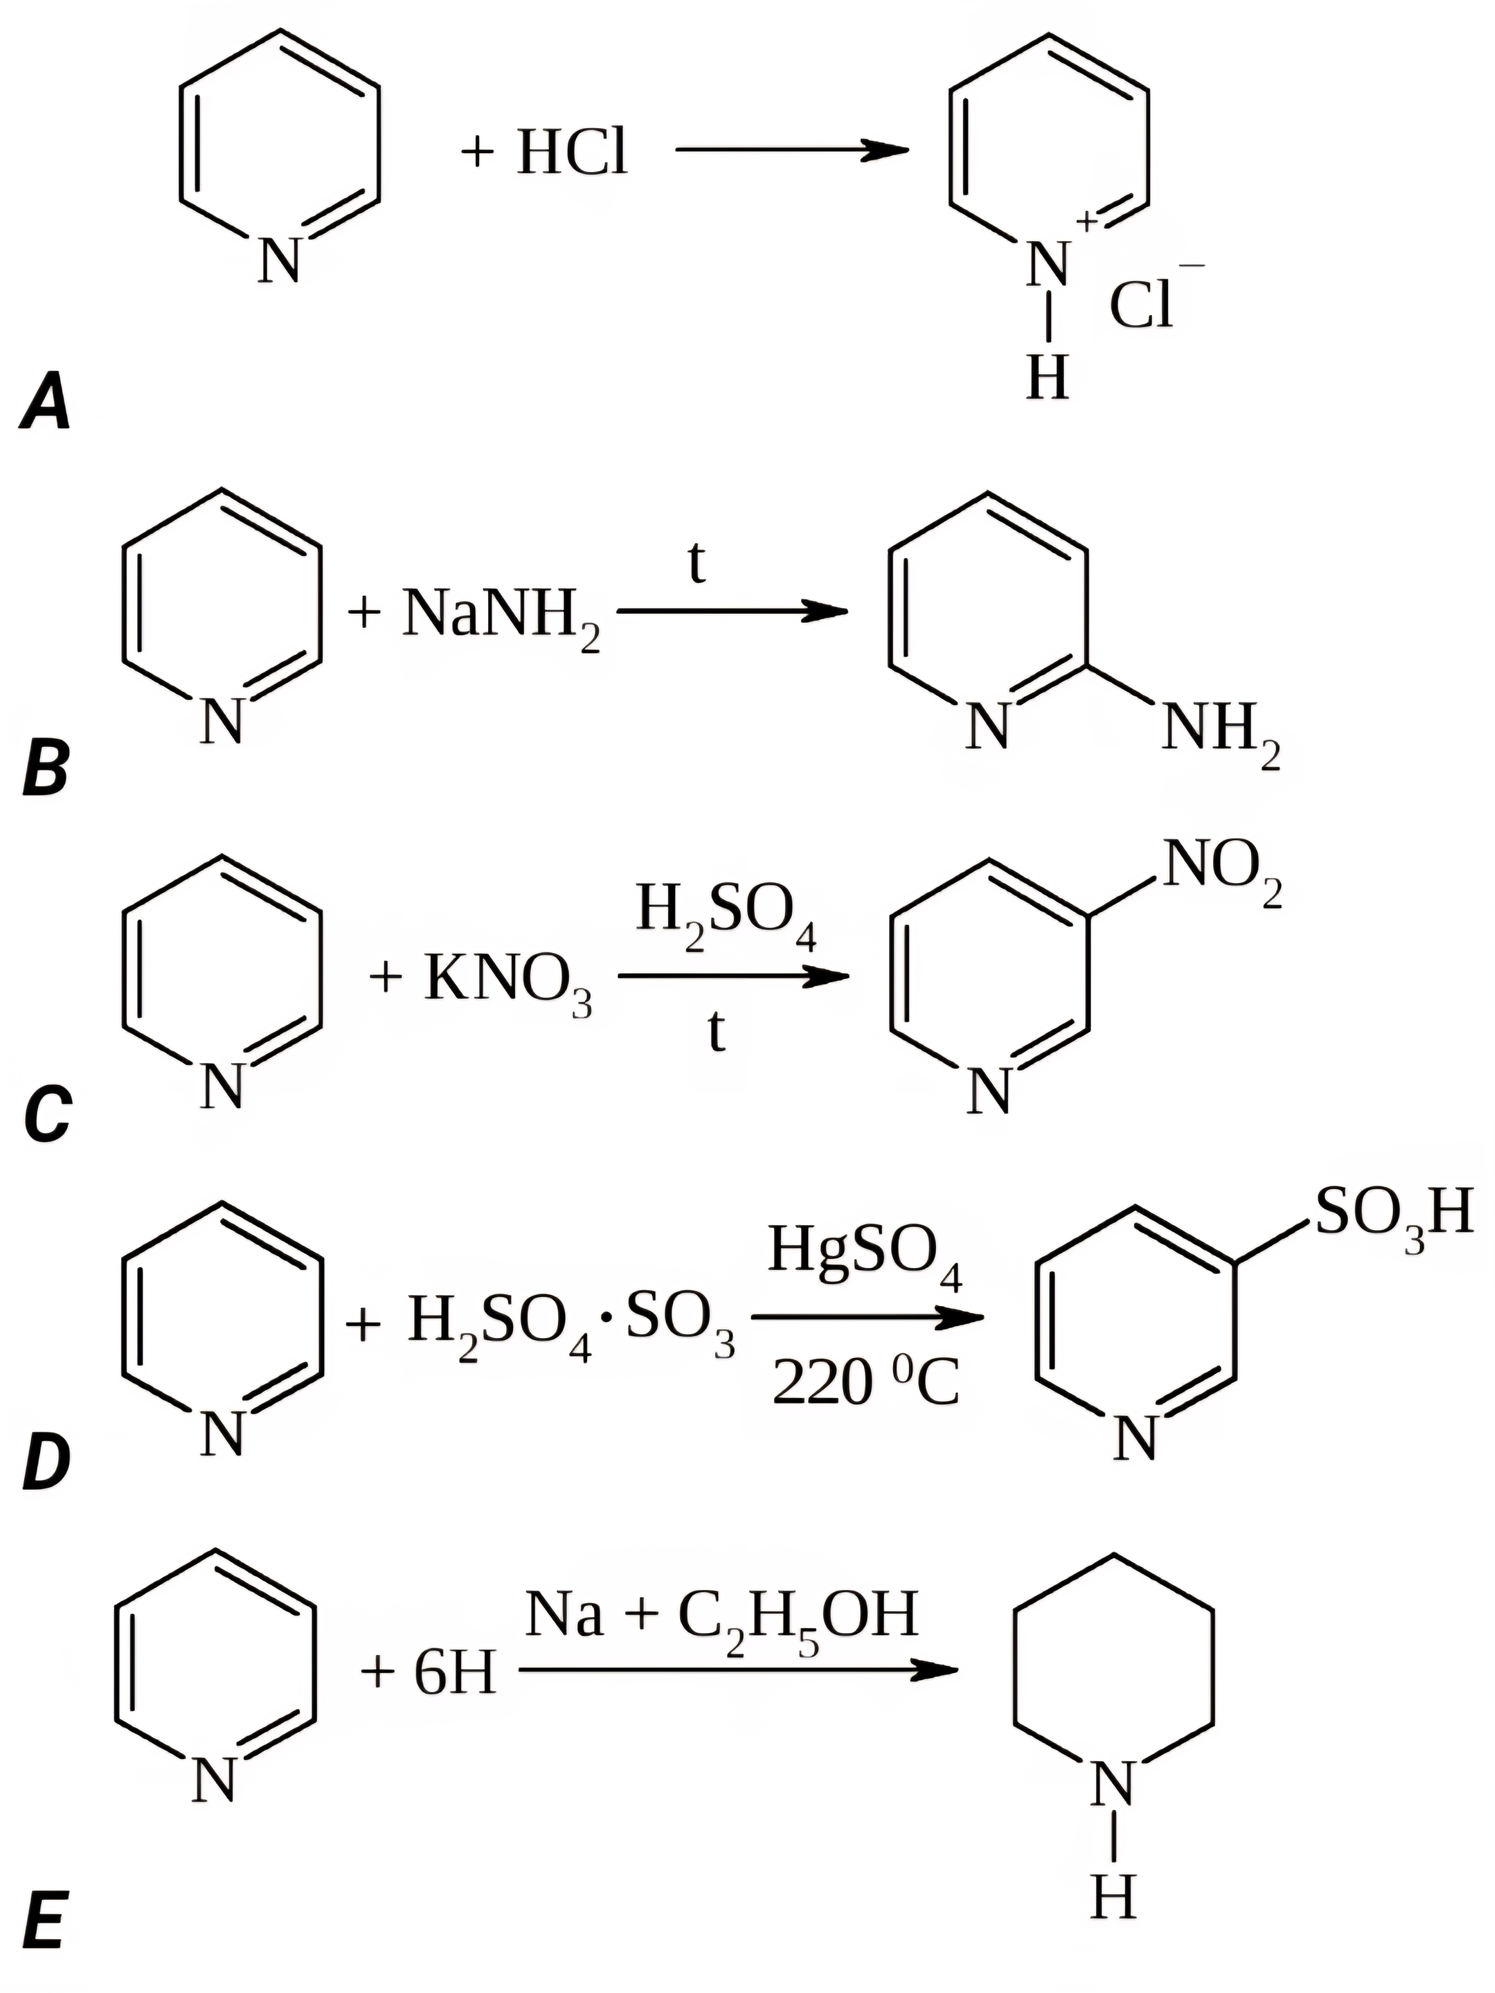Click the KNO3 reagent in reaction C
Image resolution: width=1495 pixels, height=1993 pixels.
point(507,980)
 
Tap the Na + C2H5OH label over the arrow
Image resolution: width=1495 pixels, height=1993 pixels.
point(721,1614)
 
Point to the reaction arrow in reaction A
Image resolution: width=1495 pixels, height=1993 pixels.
point(791,150)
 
